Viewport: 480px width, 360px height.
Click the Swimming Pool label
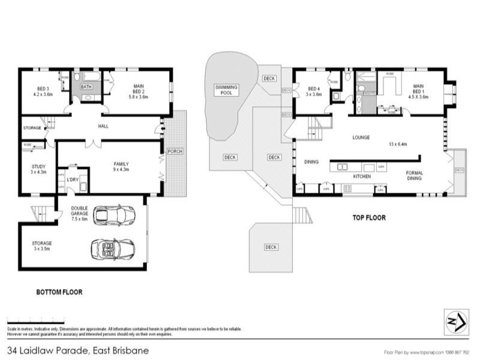[227, 91]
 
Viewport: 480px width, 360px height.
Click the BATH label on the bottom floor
[87, 86]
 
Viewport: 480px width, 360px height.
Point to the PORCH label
[175, 151]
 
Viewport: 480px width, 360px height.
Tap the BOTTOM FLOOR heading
[59, 292]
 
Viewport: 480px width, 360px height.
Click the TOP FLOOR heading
[368, 218]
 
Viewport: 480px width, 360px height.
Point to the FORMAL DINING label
[415, 175]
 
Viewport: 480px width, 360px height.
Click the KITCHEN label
[361, 177]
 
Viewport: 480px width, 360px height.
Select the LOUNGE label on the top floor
[361, 137]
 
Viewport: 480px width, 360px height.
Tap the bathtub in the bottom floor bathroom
[91, 77]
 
